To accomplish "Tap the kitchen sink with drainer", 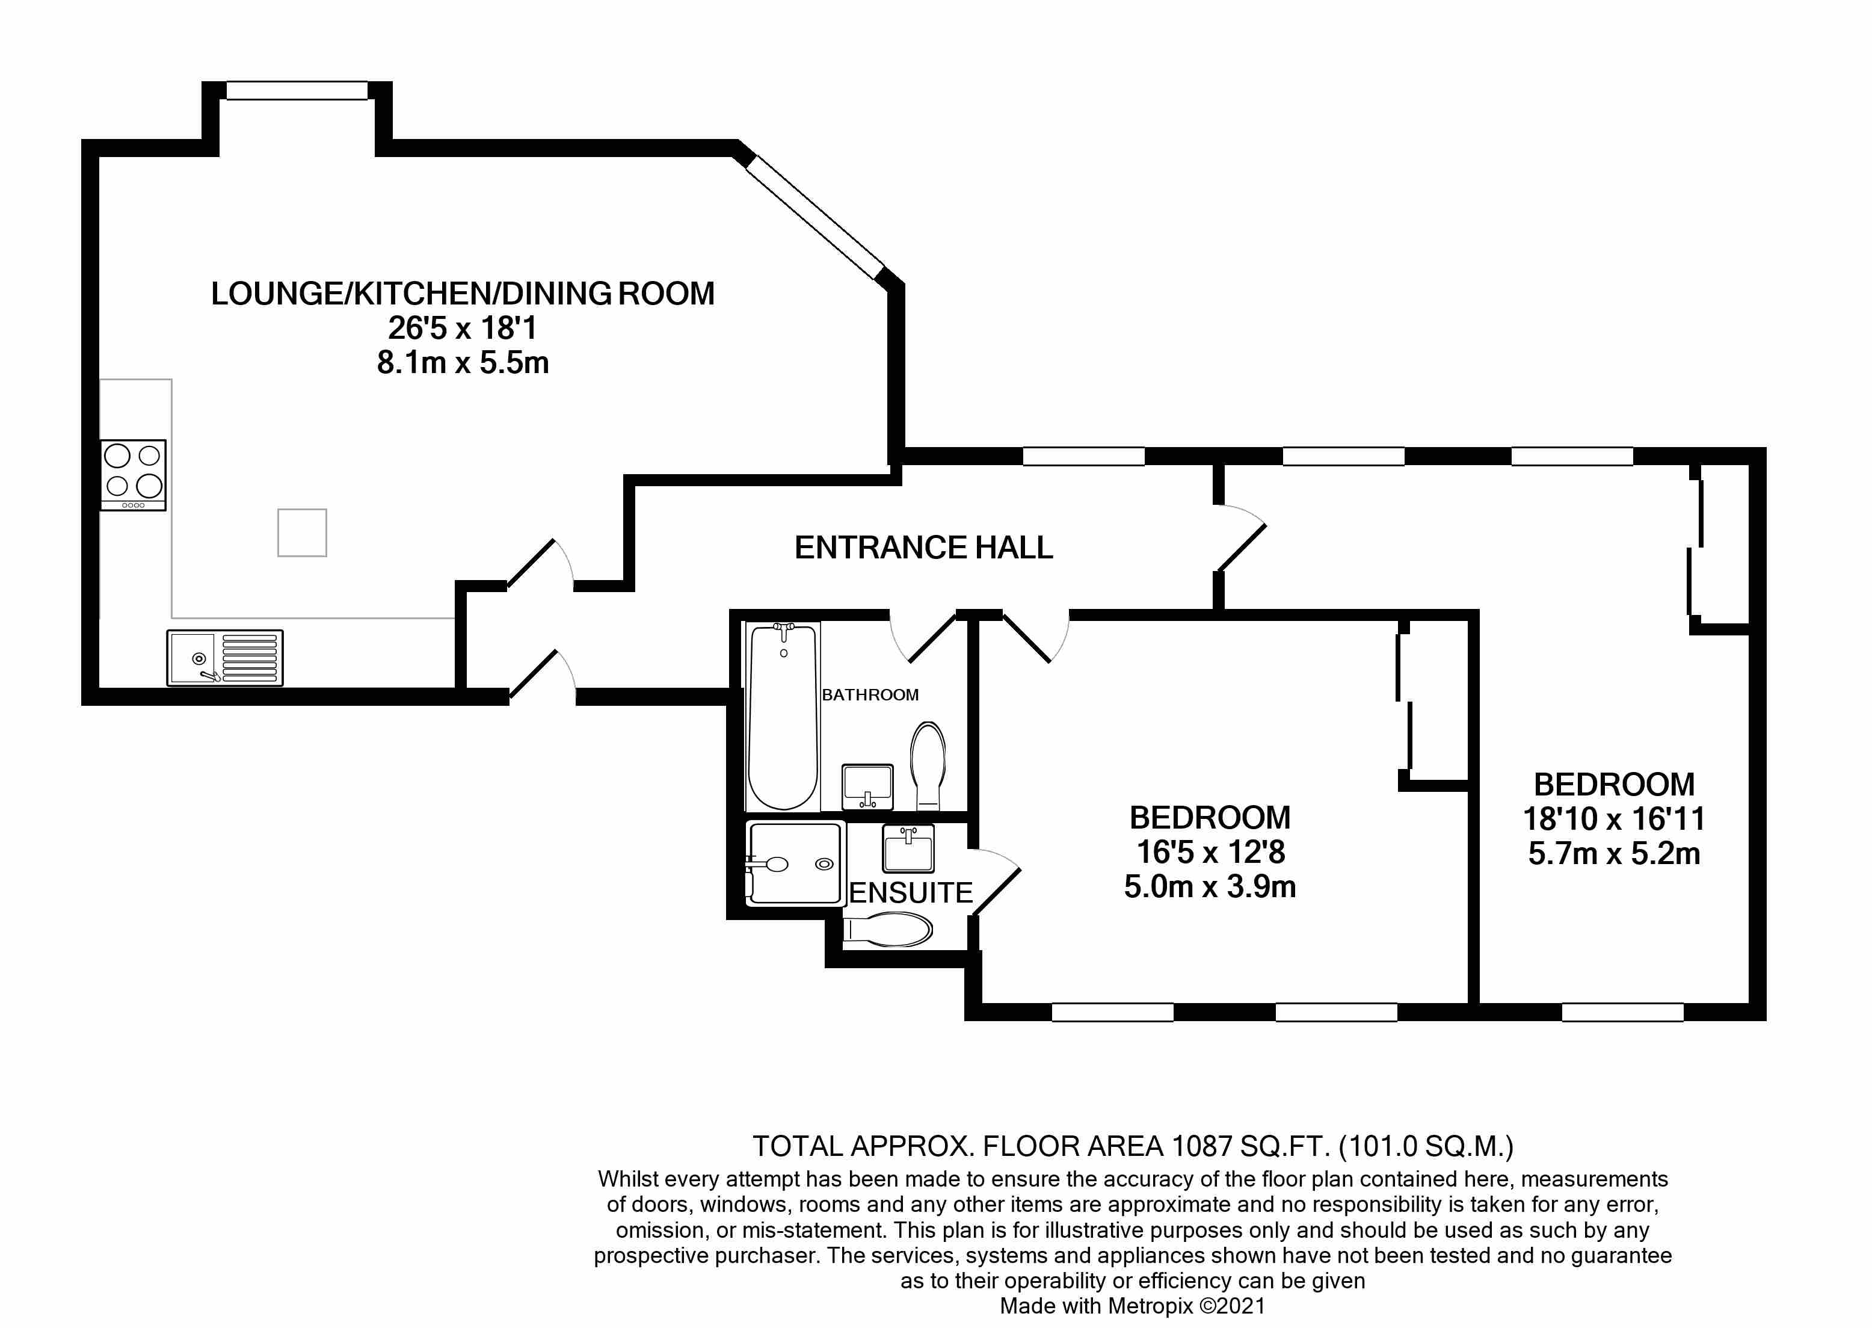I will tap(225, 658).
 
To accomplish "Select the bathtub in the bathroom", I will tap(783, 715).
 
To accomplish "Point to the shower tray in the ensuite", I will tap(795, 863).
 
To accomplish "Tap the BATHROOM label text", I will tap(870, 695).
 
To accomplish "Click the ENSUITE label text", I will tap(911, 892).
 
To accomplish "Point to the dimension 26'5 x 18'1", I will tap(462, 328).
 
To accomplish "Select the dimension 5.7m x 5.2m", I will tap(1614, 854).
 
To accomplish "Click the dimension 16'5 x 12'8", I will tap(1211, 852).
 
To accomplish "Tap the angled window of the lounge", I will tap(815, 217).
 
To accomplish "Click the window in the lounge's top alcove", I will tap(297, 90).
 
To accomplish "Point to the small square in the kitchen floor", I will tap(301, 533).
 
